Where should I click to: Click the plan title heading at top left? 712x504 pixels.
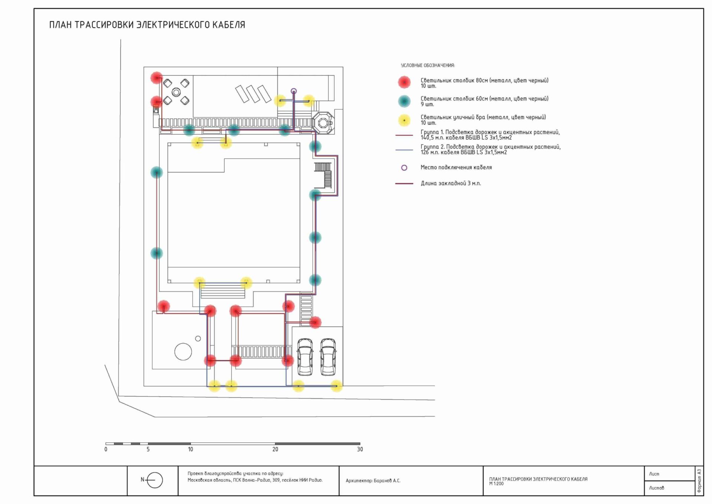[x=147, y=25]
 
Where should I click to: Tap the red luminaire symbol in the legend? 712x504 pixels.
[x=404, y=82]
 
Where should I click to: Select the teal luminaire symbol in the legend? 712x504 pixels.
[x=404, y=101]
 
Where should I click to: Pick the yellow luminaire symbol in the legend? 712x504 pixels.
[x=404, y=120]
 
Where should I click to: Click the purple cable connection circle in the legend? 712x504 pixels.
[x=404, y=168]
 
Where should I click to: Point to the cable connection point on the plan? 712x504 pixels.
[x=294, y=91]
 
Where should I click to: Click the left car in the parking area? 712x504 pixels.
[x=305, y=356]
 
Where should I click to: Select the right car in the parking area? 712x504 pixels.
[x=328, y=356]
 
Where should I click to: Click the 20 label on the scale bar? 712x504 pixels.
[x=275, y=449]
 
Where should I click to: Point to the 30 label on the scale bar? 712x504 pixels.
[x=360, y=449]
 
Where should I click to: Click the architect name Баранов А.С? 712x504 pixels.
[x=387, y=481]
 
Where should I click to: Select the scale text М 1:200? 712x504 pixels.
[x=496, y=484]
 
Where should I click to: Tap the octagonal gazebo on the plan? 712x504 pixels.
[x=323, y=122]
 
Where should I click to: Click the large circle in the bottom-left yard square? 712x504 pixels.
[x=183, y=352]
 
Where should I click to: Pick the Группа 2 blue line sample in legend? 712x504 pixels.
[x=404, y=150]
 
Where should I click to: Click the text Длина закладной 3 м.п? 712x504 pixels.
[x=451, y=183]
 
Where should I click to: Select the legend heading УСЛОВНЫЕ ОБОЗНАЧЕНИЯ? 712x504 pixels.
[x=428, y=65]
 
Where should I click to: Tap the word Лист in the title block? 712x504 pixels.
[x=654, y=474]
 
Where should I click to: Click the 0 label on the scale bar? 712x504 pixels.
[x=106, y=449]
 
